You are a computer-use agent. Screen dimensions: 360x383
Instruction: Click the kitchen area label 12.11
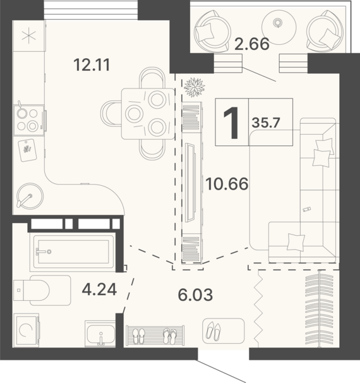(x=92, y=65)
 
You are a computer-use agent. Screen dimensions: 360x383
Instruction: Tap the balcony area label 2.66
(x=252, y=44)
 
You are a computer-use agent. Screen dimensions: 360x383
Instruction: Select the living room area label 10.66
(x=227, y=184)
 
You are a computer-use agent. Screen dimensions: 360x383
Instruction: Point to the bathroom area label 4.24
(x=99, y=289)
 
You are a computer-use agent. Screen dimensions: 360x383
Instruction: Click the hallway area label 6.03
(x=195, y=295)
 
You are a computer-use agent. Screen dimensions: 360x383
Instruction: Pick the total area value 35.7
(x=266, y=123)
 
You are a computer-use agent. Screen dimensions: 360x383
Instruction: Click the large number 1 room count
(x=231, y=123)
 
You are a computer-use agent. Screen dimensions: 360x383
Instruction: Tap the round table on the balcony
(x=279, y=27)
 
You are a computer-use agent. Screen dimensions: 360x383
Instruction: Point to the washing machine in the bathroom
(x=27, y=330)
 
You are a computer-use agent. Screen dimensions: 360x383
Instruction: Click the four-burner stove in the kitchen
(x=29, y=120)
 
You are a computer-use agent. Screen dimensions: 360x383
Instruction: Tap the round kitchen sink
(x=30, y=196)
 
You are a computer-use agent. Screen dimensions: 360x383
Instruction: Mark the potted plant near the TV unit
(x=195, y=87)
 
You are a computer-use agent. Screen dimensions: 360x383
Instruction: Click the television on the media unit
(x=190, y=183)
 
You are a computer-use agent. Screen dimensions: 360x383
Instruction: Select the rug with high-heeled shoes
(x=224, y=331)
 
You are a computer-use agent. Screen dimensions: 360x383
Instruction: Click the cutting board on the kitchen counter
(x=27, y=150)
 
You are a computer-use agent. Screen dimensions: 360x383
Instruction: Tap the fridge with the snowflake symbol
(x=29, y=35)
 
